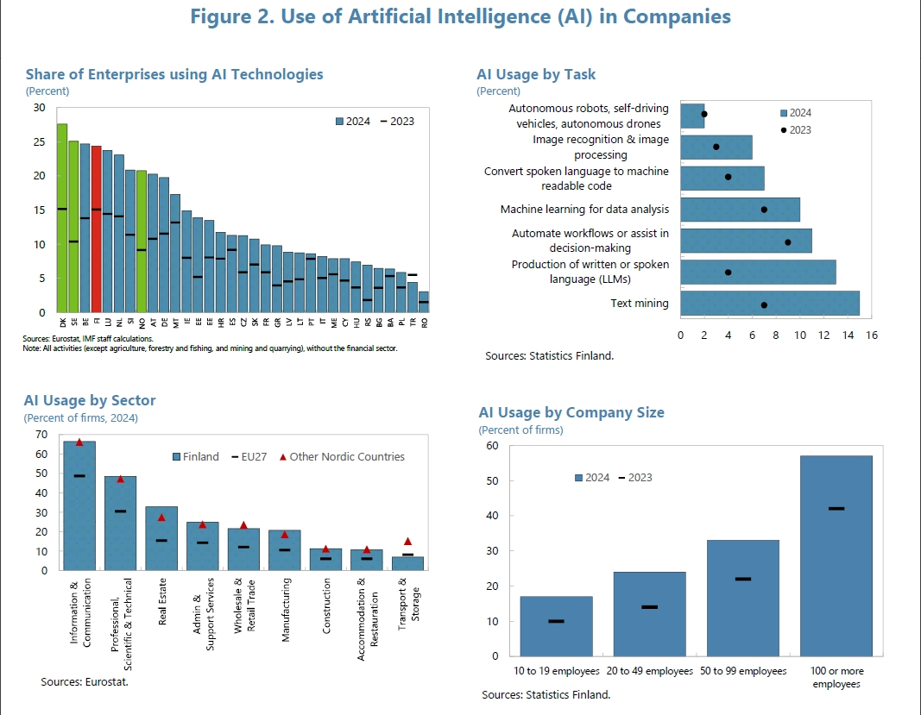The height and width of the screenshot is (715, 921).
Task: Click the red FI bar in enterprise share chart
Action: (x=96, y=229)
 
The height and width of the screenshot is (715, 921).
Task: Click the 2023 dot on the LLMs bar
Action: (x=729, y=272)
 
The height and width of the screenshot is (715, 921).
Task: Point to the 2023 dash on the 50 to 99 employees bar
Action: (x=742, y=579)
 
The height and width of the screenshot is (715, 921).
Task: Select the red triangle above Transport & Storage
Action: (x=408, y=542)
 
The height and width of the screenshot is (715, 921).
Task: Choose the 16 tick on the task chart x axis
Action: (x=871, y=335)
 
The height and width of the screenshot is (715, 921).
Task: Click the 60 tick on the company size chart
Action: (x=493, y=446)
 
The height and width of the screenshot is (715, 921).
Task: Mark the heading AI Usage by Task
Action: (x=536, y=75)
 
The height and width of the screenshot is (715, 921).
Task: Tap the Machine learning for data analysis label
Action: (x=584, y=210)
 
